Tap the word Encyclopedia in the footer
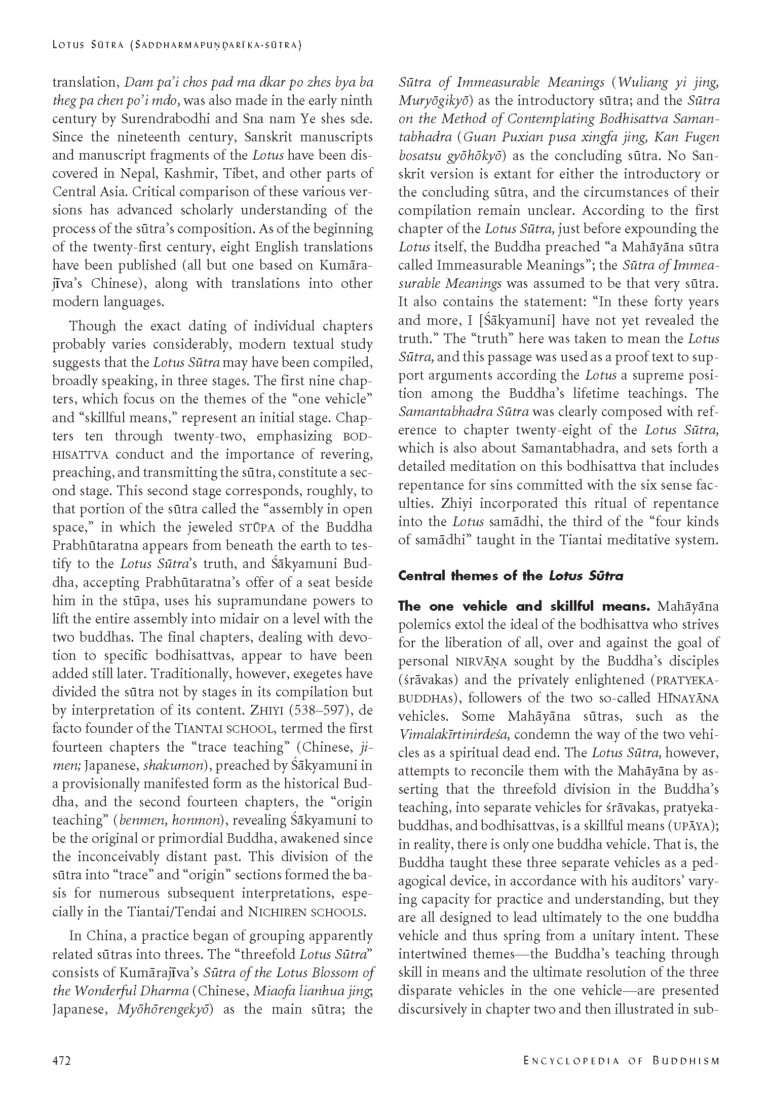pyautogui.click(x=573, y=1060)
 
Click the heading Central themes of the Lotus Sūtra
pyautogui.click(x=511, y=576)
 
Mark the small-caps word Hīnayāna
pyautogui.click(x=687, y=698)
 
